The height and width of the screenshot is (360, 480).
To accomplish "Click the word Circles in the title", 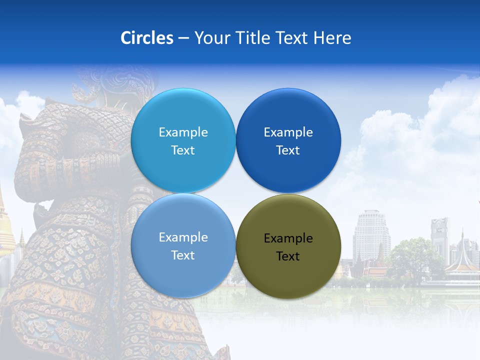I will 146,38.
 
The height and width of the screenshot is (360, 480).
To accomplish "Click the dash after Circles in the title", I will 183,38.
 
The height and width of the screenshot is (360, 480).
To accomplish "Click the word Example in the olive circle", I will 288,238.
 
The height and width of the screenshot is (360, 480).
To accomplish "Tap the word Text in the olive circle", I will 288,256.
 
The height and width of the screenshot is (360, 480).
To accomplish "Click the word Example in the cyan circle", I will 183,132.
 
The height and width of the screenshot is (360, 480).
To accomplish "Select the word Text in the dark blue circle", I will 288,150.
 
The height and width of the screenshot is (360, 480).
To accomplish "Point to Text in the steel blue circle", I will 183,255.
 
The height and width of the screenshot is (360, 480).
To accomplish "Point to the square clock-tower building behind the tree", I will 439,235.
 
